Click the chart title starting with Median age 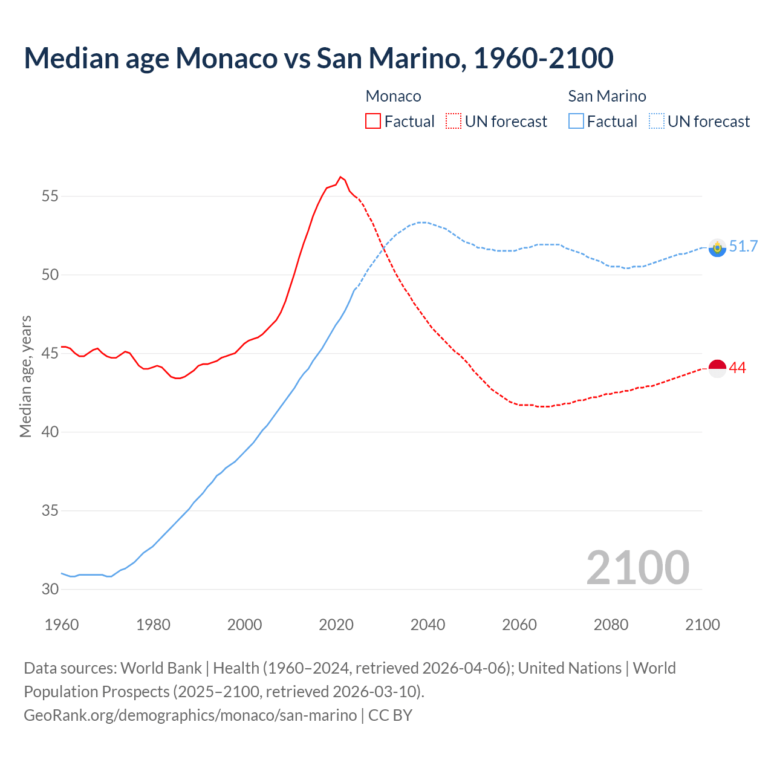[319, 58]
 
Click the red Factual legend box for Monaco [373, 121]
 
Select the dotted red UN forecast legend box [454, 121]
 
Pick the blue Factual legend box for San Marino [576, 121]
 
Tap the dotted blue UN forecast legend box [656, 121]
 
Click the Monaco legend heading [393, 96]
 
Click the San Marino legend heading [607, 96]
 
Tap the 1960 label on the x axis [62, 625]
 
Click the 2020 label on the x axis [336, 625]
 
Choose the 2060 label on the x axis [519, 625]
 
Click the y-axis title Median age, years [25, 376]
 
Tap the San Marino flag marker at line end [717, 247]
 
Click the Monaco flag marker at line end [717, 368]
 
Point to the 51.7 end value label [743, 246]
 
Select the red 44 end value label [738, 368]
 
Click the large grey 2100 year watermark [637, 567]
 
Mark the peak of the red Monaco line [340, 177]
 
